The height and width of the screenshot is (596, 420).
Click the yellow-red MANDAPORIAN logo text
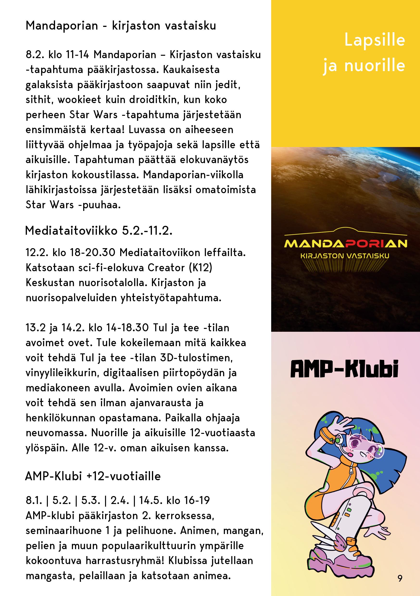pyautogui.click(x=345, y=244)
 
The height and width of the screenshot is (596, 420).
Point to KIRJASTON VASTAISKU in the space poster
pyautogui.click(x=345, y=256)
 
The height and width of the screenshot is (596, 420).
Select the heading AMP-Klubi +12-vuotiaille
pyautogui.click(x=93, y=476)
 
